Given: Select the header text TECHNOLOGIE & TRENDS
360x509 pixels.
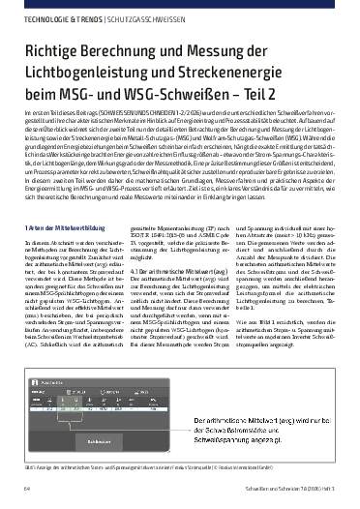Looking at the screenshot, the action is [x=50, y=17].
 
